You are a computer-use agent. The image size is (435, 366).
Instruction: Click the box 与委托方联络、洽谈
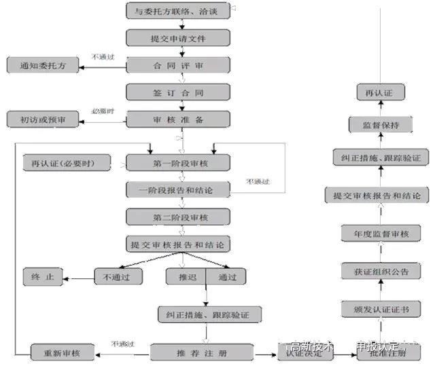click(178, 11)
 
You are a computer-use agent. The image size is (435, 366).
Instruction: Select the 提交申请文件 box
click(178, 38)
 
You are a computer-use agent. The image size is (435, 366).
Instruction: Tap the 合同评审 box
click(178, 65)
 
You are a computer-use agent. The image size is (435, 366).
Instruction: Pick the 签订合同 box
click(178, 92)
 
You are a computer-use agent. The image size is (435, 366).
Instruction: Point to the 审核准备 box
click(178, 119)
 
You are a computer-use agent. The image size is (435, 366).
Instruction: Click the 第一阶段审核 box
click(178, 164)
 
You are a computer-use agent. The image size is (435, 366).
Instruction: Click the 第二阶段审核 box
click(178, 217)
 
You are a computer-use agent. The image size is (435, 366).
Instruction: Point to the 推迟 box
click(185, 276)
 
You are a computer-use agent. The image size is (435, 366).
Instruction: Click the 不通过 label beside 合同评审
click(103, 57)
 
